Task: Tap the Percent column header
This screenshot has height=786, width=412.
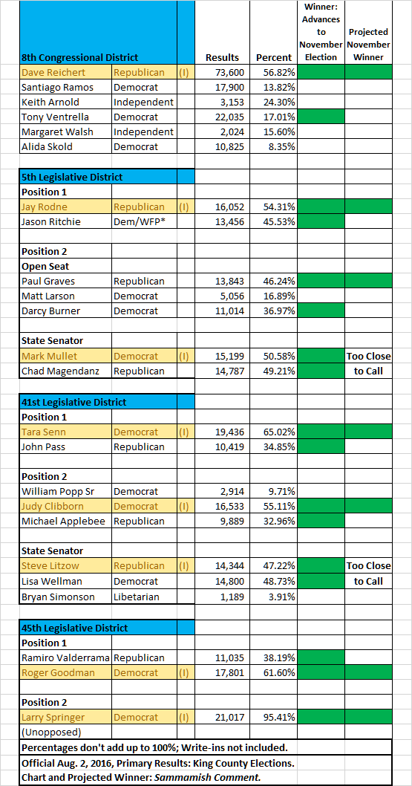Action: (274, 58)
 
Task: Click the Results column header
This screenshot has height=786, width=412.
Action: (222, 58)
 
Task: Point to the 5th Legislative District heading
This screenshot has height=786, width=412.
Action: (72, 177)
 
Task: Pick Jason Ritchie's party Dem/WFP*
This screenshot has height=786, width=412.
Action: (139, 221)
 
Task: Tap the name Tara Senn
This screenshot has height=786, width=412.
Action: (44, 432)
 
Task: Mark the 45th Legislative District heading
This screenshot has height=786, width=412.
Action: (74, 628)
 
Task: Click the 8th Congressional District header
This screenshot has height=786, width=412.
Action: (79, 58)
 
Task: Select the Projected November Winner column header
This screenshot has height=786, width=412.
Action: (368, 45)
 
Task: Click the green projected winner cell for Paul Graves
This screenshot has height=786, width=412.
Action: (368, 282)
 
